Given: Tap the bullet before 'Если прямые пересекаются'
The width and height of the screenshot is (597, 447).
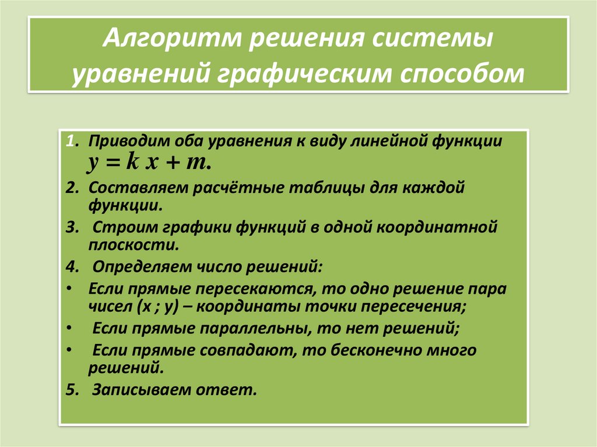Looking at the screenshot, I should (x=70, y=289).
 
